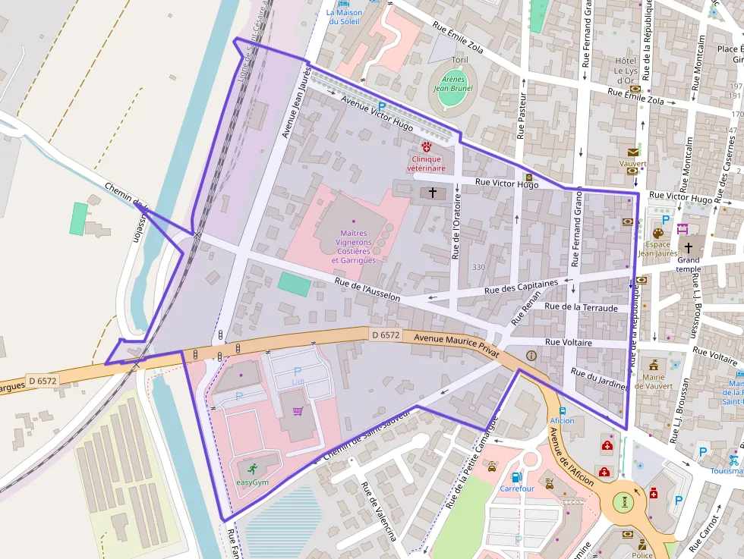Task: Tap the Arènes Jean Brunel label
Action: coord(453,83)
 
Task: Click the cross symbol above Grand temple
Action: coord(689,248)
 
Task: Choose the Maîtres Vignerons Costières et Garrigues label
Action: coord(353,247)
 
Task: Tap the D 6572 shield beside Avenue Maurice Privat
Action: coord(386,334)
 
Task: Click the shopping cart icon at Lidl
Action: coord(298,411)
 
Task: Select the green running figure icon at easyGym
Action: coord(252,468)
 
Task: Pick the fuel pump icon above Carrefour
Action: coord(516,477)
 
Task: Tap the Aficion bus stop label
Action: coord(562,420)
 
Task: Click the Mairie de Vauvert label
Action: coord(653,381)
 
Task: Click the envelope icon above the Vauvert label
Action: coord(633,152)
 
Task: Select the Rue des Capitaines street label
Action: coord(521,287)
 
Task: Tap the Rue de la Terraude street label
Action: coord(582,306)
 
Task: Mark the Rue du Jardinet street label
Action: coord(598,379)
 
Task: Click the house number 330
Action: coord(478,267)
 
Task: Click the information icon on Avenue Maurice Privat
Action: coord(531,355)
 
